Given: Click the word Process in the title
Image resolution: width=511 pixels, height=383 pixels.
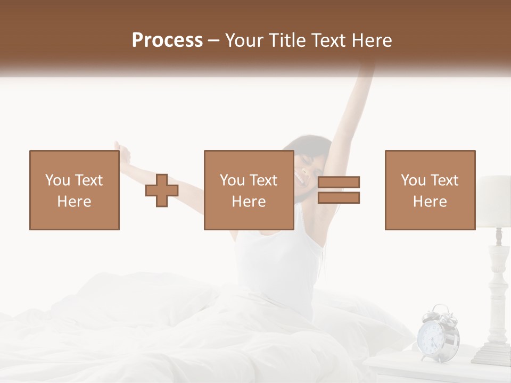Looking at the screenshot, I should (167, 40).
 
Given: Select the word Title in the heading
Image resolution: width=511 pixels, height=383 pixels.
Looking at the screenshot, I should (286, 40).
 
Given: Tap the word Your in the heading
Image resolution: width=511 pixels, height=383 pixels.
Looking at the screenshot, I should (245, 40).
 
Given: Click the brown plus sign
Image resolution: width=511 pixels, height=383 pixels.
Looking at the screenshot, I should (162, 190).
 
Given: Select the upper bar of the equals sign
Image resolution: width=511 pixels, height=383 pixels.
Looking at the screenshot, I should (339, 182).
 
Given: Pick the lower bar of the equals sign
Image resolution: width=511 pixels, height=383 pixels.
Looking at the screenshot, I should (339, 197).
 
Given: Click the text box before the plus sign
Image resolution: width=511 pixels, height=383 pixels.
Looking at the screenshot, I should (74, 190).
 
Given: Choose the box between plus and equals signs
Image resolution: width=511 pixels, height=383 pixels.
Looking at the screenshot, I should (249, 190).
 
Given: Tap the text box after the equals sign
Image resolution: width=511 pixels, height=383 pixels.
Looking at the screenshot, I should (430, 190).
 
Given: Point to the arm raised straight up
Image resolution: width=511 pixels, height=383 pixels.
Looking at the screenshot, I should (351, 106).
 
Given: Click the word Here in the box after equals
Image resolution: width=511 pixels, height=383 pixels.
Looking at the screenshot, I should (430, 201).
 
